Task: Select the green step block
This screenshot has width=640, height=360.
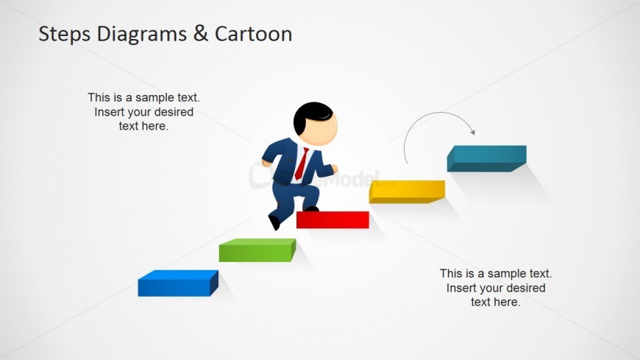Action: pos(256,252)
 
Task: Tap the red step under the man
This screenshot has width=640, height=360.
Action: pos(333,219)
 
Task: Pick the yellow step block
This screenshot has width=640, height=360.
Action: pos(405,191)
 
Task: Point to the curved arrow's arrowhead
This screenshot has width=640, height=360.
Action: pos(472,132)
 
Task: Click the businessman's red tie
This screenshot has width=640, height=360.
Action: pos(302,163)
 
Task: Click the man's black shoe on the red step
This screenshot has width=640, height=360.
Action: pos(311,209)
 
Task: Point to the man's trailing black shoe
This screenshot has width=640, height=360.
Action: pos(274,222)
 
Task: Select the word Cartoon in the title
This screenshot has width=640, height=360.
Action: pos(253,34)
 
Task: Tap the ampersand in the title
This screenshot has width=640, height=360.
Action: pos(199,34)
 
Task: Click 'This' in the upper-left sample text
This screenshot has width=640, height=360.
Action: pos(99,97)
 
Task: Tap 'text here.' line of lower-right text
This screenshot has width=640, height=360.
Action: pos(495,302)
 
